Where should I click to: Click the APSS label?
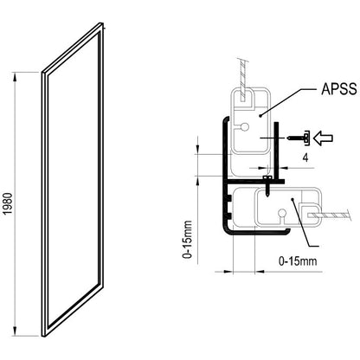tap(339, 89)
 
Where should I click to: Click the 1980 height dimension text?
tap(9, 203)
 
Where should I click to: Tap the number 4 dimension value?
tap(305, 157)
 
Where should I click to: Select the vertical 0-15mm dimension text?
tap(187, 240)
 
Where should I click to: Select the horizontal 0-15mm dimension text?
tap(298, 261)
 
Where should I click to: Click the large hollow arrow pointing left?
tap(323, 138)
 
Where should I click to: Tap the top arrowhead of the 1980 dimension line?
tap(16, 76)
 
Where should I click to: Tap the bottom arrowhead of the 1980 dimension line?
tap(16, 331)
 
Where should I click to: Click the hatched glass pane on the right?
tap(330, 215)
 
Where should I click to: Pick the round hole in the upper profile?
tap(245, 126)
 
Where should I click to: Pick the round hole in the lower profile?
tap(282, 213)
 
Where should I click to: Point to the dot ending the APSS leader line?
tap(260, 116)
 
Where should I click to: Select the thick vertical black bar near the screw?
tap(276, 150)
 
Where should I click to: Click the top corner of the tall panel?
tap(102, 22)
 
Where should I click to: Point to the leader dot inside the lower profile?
tap(292, 199)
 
